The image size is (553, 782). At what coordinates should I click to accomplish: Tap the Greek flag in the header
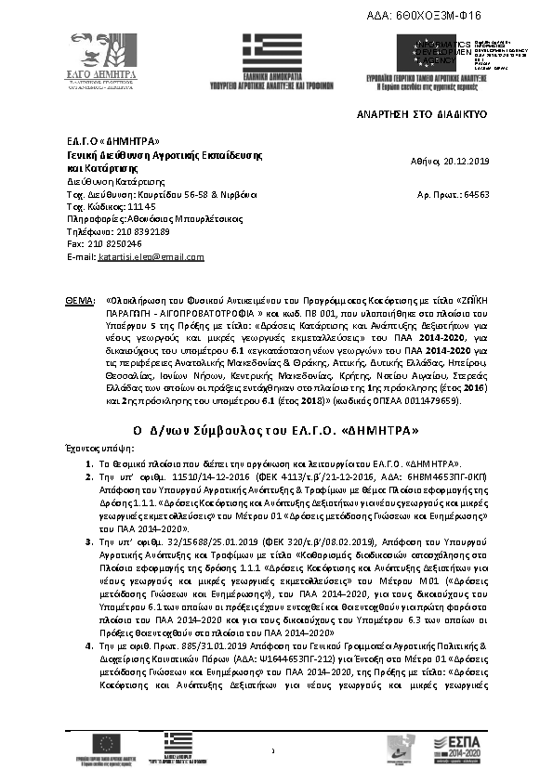tap(271, 56)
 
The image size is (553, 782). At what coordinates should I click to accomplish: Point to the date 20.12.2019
tap(463, 161)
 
